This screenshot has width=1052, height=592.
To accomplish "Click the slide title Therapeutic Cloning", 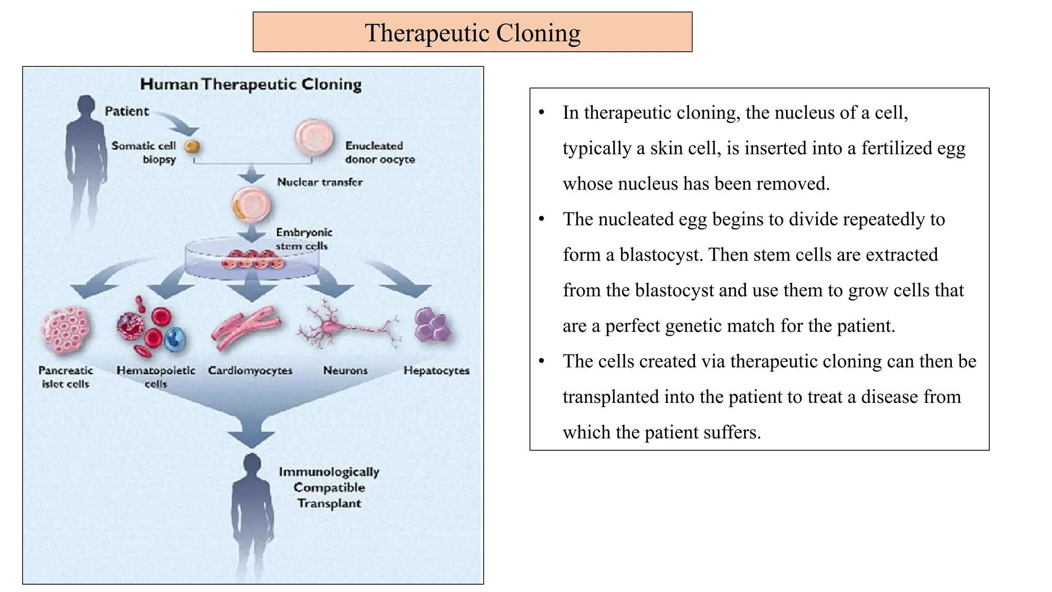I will click(x=472, y=33).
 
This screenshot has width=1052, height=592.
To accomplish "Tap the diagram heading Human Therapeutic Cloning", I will click(x=251, y=84).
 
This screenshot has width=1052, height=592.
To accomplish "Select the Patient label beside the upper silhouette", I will click(x=126, y=112).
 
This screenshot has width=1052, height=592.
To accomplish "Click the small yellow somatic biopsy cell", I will click(x=192, y=147).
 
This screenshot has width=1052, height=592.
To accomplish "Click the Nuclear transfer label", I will click(x=320, y=182).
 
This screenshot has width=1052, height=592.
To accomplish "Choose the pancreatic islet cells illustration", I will click(x=66, y=330).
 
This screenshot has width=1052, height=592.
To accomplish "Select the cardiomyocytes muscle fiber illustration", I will click(x=246, y=328).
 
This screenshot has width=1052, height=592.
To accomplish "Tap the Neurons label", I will click(x=345, y=371).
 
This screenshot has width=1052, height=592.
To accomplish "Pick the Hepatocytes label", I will click(x=436, y=371).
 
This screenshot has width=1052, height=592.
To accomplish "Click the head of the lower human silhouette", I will click(x=252, y=464).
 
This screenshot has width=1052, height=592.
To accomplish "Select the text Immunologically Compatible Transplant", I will click(x=329, y=487).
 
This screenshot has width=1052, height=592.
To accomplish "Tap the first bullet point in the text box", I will click(x=541, y=113).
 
